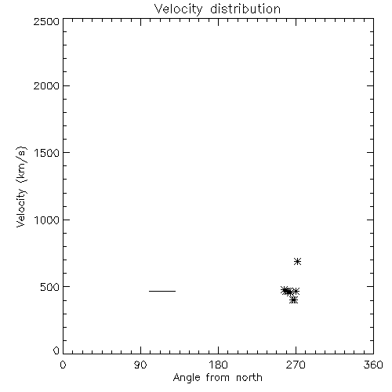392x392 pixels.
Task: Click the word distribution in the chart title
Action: pos(245,9)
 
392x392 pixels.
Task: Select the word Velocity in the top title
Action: pos(179,9)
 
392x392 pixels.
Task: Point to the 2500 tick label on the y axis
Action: pos(46,21)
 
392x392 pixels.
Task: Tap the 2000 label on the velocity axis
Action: pos(46,85)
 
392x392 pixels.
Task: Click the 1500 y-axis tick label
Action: pos(47,153)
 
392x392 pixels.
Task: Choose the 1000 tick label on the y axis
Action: pos(47,220)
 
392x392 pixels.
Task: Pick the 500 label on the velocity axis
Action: pos(50,287)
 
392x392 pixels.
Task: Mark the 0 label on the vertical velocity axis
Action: pos(56,350)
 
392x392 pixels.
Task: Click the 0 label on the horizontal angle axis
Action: pos(63,365)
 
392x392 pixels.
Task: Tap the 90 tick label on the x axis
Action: pos(140,365)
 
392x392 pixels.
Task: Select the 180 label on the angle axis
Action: pos(218,365)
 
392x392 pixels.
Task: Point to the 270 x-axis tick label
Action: pos(296,365)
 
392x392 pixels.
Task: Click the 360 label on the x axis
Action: pos(373,365)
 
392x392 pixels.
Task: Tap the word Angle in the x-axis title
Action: pos(187,378)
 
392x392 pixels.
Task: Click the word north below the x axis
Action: pos(249,378)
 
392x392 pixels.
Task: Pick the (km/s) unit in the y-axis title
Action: pos(21,165)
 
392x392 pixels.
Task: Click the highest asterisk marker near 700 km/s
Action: pos(297,261)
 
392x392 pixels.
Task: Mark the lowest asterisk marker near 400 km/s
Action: pos(294,300)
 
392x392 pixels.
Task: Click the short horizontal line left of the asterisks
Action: pos(162,291)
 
